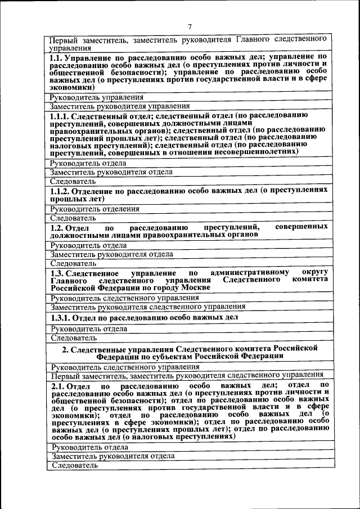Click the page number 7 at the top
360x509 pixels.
pos(190,26)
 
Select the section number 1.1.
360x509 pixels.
pos(56,58)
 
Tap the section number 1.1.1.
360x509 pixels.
pos(60,116)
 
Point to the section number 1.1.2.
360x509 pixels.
pos(60,191)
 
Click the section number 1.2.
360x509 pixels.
pos(56,227)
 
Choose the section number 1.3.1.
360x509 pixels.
pos(60,317)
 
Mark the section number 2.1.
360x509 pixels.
pos(57,385)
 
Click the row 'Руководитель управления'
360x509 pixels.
pos(96,97)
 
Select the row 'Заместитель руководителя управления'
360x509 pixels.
pos(119,106)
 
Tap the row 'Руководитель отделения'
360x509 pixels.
pos(94,209)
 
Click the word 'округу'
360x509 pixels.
pos(314,272)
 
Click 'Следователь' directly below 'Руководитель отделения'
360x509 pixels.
pos(73,218)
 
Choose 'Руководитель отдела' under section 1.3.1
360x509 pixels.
pos(88,329)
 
